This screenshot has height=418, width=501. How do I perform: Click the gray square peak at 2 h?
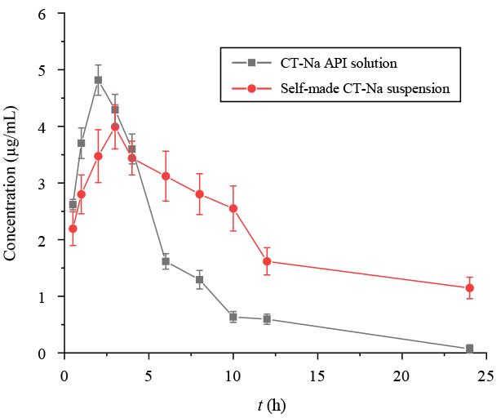98,80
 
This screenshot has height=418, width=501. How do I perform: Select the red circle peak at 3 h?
115,127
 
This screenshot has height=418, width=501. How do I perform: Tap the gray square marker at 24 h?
469,349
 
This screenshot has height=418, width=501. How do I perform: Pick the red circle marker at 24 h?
469,287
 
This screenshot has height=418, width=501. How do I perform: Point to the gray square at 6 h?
166,261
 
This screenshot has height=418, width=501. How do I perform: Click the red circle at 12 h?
267,261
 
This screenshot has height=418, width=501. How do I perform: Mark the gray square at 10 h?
233,317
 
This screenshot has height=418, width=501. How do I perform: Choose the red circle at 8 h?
199,193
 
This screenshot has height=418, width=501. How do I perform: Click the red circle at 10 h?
233,208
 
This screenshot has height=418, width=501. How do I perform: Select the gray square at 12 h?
267,319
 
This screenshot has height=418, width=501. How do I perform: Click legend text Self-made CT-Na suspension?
365,87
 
